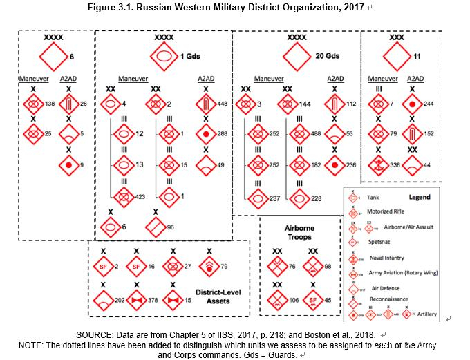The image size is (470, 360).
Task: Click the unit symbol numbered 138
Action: [32, 104]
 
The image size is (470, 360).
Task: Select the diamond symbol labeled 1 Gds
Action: [164, 55]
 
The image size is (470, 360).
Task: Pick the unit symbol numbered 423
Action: [124, 196]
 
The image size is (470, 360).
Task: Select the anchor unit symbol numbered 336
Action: [378, 165]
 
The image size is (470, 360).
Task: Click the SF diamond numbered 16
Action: [136, 266]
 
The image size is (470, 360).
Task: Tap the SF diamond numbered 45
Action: [313, 299]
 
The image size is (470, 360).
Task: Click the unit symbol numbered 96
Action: [156, 226]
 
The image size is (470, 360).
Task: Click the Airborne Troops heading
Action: [295, 231]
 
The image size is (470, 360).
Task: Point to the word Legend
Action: [419, 197]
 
